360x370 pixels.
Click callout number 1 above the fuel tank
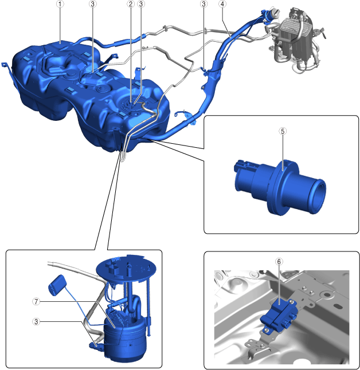(x=60, y=4)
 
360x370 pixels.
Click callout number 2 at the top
(x=131, y=4)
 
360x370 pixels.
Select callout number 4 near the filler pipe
(x=222, y=4)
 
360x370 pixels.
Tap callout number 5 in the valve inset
(x=283, y=131)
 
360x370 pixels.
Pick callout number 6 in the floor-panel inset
(x=279, y=262)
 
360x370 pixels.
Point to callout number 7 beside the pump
(x=36, y=302)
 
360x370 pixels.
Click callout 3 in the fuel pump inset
(x=36, y=322)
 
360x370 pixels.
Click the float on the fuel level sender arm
(x=57, y=285)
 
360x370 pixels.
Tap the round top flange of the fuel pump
(x=126, y=268)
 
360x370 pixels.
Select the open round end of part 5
(x=318, y=196)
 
